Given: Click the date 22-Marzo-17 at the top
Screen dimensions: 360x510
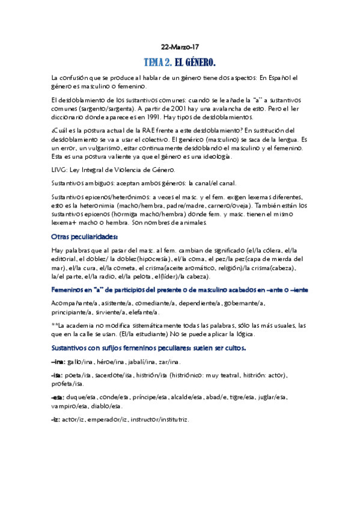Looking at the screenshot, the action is pos(180,47).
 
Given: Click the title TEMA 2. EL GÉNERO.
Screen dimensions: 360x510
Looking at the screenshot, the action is pos(180,63).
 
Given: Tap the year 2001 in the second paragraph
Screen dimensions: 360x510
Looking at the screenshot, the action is pos(167,109).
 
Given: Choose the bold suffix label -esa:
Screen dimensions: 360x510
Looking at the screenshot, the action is pos(59,397).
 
